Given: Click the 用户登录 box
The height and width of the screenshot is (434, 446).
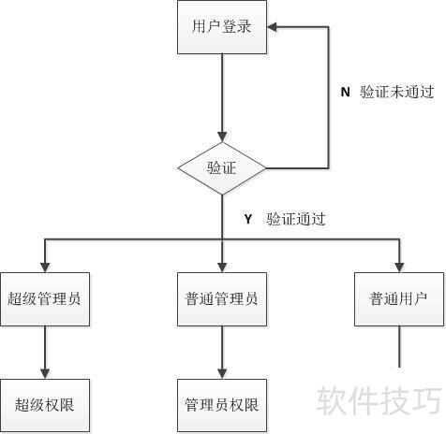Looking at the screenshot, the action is tap(222, 27).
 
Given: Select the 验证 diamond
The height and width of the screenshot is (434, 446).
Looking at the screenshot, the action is tap(222, 168).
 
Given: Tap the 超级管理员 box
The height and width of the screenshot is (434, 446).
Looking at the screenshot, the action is tap(45, 299).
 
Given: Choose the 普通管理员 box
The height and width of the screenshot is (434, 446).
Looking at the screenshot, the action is tap(222, 299).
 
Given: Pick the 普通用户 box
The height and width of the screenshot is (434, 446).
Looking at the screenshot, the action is tap(399, 299).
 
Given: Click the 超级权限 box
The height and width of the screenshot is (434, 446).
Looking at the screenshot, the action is tap(45, 406).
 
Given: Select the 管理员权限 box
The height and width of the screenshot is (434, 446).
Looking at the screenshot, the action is tap(222, 406).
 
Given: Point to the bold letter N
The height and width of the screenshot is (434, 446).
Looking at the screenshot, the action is tap(345, 92).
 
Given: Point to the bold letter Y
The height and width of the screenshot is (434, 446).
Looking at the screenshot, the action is tap(248, 219).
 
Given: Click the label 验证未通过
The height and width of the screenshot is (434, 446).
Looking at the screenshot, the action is tap(396, 92).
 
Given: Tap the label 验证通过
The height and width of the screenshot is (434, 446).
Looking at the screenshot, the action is tap(296, 219).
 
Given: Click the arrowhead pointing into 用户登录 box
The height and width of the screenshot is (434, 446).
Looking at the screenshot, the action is tap(272, 27).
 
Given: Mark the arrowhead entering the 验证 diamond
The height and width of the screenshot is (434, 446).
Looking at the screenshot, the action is tap(222, 137).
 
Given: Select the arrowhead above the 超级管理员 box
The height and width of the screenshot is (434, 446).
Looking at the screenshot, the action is tap(45, 268).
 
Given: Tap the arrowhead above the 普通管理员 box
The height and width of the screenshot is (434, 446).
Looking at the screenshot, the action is tap(222, 268).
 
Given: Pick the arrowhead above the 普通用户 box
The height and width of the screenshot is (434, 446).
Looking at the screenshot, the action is tap(399, 268).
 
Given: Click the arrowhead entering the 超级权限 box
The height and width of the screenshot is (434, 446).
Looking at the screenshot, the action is tap(45, 374).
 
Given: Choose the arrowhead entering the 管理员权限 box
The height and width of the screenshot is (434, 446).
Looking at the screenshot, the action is tap(222, 374).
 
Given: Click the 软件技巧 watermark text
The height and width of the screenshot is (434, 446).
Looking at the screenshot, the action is tap(379, 400).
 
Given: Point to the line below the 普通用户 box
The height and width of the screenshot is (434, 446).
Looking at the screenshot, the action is tap(399, 347).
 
